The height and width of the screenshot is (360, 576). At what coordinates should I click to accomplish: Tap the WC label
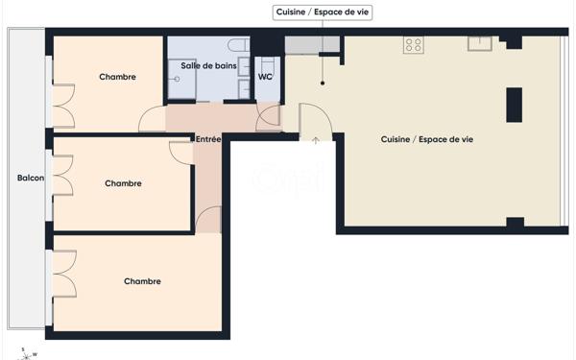coord(265,78)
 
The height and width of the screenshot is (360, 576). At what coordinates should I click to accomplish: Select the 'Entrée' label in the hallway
coord(208,139)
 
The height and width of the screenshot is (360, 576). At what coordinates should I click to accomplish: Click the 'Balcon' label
coord(30,178)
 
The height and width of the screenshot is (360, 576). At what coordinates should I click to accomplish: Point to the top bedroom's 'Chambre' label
coord(117,77)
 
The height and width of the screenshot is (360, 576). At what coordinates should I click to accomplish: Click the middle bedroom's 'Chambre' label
coord(123,183)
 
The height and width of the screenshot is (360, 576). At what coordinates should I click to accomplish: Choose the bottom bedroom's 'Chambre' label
coord(142,281)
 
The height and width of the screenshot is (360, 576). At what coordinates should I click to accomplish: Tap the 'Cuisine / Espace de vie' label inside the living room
coord(426,140)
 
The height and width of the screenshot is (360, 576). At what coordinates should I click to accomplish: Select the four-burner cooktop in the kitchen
coord(414,44)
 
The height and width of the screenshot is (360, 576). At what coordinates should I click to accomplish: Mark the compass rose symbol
coord(26,353)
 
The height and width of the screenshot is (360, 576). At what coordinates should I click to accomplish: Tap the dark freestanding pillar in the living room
coord(515,104)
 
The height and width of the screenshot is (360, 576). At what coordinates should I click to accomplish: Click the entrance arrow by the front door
coord(316,141)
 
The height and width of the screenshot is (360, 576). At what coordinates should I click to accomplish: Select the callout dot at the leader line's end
coord(324,84)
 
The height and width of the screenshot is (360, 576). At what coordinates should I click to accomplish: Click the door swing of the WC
coord(269,115)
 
